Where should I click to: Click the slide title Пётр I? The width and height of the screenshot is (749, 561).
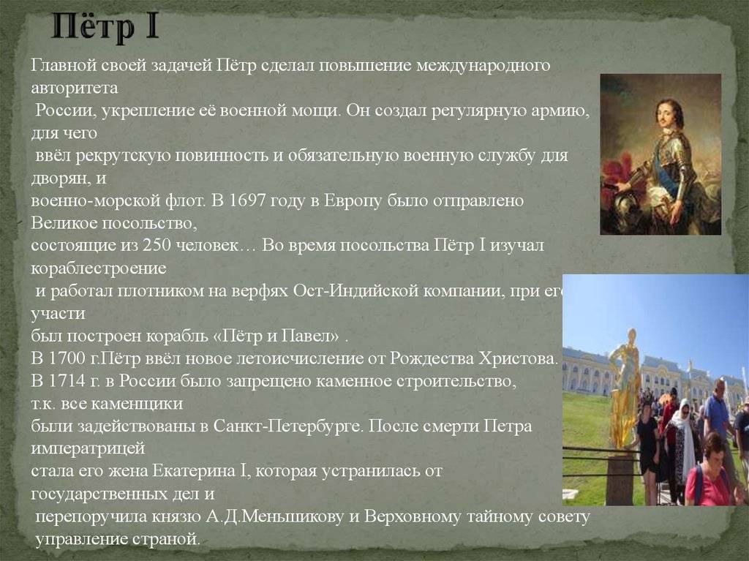coord(105,27)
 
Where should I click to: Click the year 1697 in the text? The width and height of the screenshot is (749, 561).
coord(246,200)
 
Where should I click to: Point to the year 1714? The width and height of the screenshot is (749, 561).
coord(66,381)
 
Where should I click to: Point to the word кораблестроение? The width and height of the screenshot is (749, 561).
coord(99,269)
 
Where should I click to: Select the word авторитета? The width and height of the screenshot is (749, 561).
coord(75,89)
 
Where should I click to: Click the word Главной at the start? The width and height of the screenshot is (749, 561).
coord(64,65)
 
